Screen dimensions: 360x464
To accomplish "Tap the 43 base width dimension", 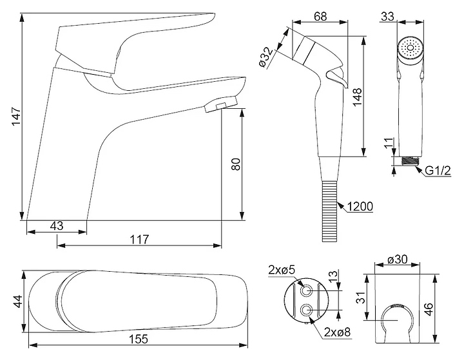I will click(x=56, y=226).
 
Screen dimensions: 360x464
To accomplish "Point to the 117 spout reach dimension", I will click(x=139, y=240).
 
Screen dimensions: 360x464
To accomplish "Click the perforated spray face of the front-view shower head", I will click(x=408, y=48).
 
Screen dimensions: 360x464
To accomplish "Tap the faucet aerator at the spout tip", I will click(x=219, y=106).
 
